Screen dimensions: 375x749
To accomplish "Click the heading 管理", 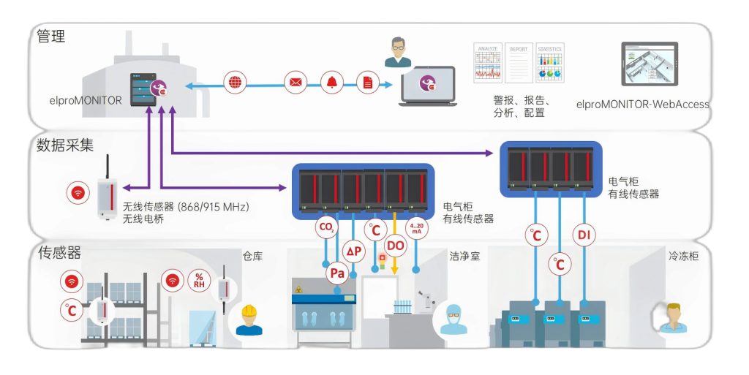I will [51, 36].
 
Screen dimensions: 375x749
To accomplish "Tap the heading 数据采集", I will [65, 145].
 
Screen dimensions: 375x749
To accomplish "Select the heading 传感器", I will [59, 253].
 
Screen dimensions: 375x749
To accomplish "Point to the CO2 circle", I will [326, 227].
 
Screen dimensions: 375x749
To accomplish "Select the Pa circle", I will [337, 274].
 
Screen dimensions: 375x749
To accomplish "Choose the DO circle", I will [395, 246].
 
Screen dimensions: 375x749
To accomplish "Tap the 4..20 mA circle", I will [416, 227].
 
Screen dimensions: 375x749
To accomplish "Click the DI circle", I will [584, 235].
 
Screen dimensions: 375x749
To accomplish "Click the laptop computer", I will [427, 86].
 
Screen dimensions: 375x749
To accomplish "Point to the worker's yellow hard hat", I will [249, 311].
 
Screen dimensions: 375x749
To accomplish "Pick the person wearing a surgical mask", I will [453, 319].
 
